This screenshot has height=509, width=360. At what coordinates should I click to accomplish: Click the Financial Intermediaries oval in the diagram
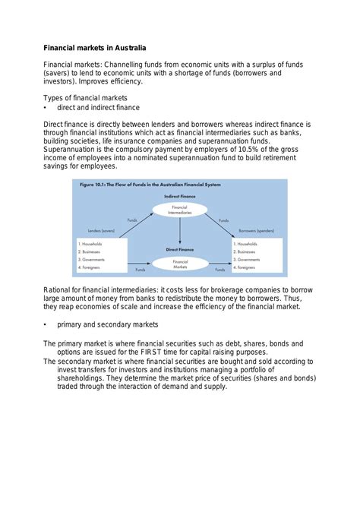point(180,209)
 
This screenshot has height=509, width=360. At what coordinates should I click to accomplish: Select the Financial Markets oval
point(180,264)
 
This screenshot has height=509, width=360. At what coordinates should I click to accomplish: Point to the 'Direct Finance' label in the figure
point(180,248)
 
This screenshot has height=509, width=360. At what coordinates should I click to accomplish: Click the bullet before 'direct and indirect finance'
point(46,108)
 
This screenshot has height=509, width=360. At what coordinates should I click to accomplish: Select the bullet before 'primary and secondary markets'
point(46,324)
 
